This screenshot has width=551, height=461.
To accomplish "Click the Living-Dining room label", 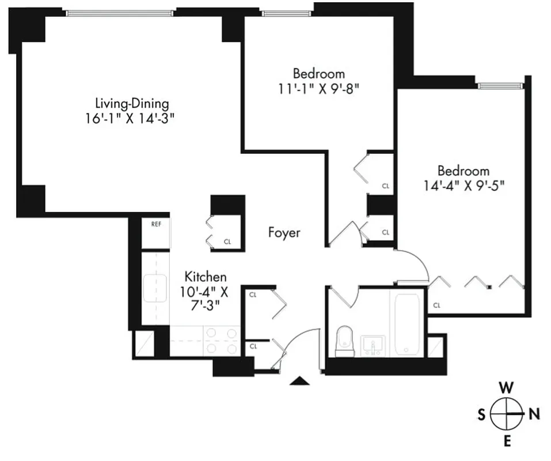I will [x=132, y=104].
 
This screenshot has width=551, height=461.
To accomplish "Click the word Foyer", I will [x=284, y=233].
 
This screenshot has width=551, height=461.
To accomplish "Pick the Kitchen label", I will [x=205, y=277].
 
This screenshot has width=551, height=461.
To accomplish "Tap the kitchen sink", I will [x=155, y=288].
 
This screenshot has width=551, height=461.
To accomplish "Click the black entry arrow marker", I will [x=299, y=380].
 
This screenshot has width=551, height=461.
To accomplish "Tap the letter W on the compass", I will [x=506, y=387].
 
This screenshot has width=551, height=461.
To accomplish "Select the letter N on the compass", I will [x=534, y=413].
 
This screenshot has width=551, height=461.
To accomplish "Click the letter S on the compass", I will [x=481, y=414].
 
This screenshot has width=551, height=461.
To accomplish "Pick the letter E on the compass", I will [x=507, y=441].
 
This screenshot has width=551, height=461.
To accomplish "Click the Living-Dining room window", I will [x=119, y=12].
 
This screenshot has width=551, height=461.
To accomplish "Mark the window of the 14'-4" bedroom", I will [x=500, y=86].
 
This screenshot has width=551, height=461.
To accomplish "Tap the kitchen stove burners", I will [x=222, y=341].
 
